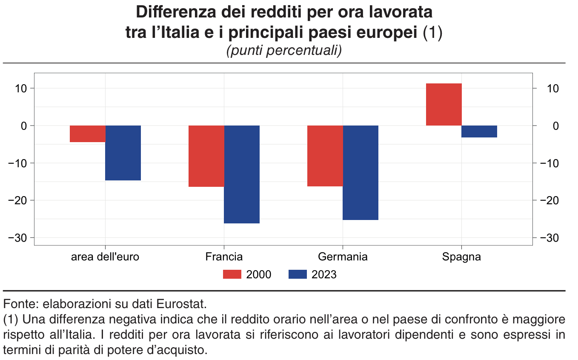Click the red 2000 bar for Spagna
[x=444, y=104]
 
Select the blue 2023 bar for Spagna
[x=479, y=131]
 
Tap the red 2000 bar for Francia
[x=206, y=156]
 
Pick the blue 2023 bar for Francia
[x=242, y=174]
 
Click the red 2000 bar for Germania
[x=325, y=156]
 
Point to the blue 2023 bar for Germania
[x=361, y=173]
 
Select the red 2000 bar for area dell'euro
[x=88, y=134]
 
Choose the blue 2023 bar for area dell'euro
[x=123, y=153]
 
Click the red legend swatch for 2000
[x=232, y=274]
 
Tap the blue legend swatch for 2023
[x=298, y=274]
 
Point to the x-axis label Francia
[x=224, y=257]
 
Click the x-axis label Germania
[x=343, y=257]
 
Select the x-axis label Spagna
[x=461, y=257]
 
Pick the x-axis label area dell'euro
[x=105, y=257]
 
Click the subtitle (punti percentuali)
[x=284, y=51]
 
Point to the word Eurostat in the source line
[x=181, y=304]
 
